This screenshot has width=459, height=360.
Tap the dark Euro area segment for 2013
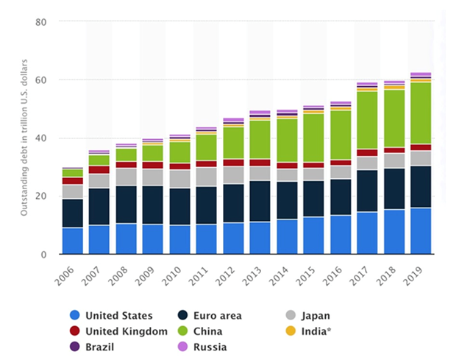click(260, 201)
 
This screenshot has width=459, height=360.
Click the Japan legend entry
click(314, 316)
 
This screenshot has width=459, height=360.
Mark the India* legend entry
click(313, 331)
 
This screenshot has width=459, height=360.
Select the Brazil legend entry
click(99, 347)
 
